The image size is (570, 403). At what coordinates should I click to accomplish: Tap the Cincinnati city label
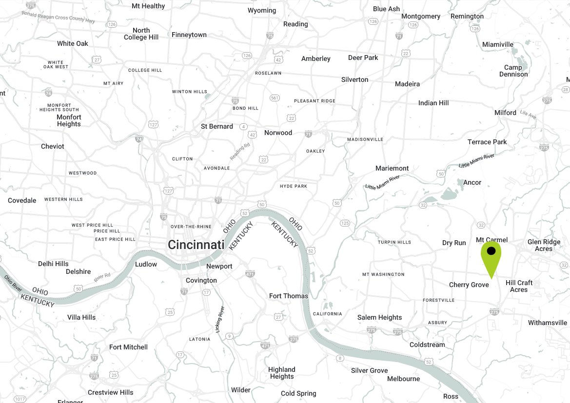(196, 245)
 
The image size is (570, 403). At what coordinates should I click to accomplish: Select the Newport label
(219, 266)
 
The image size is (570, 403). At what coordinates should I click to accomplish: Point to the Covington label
(201, 280)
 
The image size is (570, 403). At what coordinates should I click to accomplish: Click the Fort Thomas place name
(289, 296)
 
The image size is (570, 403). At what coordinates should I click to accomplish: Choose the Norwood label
(278, 133)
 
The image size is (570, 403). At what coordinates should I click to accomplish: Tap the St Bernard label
(217, 126)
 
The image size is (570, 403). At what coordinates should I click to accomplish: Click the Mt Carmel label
(491, 240)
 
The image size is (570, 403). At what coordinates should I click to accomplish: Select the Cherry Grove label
(469, 285)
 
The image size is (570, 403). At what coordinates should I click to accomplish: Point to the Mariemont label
(392, 168)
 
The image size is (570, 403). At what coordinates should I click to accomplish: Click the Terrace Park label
(487, 142)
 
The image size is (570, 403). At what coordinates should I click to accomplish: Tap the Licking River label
(219, 320)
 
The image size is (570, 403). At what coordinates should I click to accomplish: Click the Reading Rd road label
(240, 152)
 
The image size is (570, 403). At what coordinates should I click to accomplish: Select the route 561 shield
(275, 98)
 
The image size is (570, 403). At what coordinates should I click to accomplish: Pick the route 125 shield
(345, 223)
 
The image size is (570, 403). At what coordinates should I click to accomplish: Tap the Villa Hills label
(81, 317)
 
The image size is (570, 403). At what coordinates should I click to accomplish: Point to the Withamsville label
(548, 323)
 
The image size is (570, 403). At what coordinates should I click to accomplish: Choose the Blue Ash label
(386, 9)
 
